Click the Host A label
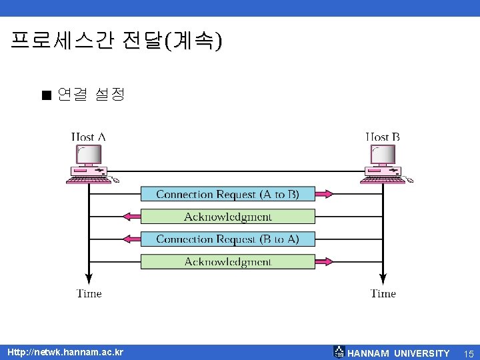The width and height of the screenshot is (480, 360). point(89,137)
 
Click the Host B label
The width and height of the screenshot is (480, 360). point(383,137)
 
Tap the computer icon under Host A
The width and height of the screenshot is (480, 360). point(89,163)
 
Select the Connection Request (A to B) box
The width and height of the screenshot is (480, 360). point(227,194)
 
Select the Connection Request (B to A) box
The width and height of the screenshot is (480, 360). point(227,239)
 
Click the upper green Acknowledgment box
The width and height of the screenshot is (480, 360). point(227,217)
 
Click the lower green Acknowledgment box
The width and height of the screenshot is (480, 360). point(227,261)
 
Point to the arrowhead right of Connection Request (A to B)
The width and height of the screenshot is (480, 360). point(323,194)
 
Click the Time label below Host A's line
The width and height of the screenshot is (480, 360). point(89,293)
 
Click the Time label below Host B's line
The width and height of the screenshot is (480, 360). point(383,293)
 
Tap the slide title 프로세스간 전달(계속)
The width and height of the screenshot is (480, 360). point(117,42)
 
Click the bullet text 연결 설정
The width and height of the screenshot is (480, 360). point(91,95)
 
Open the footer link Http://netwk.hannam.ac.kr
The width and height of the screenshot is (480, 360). point(65,352)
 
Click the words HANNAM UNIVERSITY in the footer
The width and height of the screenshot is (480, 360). point(399,353)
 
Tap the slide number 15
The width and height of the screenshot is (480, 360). point(469,353)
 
